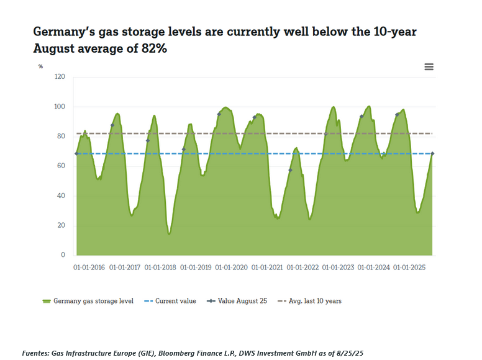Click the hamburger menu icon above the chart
point(429,67)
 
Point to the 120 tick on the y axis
point(60,77)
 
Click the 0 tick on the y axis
point(62,255)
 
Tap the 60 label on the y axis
point(61,166)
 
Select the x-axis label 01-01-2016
point(88,268)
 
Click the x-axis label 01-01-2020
point(231,268)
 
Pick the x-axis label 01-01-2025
point(409,268)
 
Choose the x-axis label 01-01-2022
point(302,268)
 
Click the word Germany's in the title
point(63,32)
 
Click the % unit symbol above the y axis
point(40,66)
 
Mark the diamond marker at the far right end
point(432,153)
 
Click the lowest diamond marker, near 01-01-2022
point(290,170)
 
